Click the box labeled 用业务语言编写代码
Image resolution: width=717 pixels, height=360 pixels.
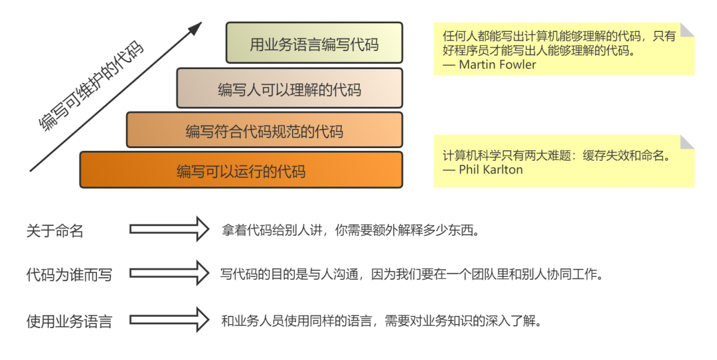click(x=314, y=44)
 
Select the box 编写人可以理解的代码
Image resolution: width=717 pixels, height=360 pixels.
click(x=289, y=88)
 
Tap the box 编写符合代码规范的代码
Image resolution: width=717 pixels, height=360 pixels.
click(x=264, y=130)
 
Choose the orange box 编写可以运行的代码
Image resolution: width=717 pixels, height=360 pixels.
click(x=241, y=171)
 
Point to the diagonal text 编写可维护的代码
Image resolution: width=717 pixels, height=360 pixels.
click(x=90, y=86)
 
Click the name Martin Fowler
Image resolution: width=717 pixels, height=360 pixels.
click(x=497, y=64)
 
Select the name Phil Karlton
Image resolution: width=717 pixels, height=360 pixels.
click(x=491, y=169)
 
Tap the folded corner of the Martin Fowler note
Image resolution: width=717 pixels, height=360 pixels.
click(x=687, y=30)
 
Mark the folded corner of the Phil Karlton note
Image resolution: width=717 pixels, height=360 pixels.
click(x=687, y=141)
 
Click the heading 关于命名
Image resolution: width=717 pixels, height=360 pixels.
click(x=55, y=230)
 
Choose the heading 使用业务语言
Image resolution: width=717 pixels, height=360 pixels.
click(x=69, y=321)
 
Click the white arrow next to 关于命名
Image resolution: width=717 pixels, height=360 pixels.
click(x=169, y=229)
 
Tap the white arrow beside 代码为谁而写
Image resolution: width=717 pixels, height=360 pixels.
click(x=169, y=273)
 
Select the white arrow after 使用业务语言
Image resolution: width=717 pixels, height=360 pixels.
click(x=169, y=319)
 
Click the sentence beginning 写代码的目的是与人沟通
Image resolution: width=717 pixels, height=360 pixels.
click(x=411, y=274)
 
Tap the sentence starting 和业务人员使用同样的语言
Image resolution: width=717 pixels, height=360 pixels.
click(x=381, y=321)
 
